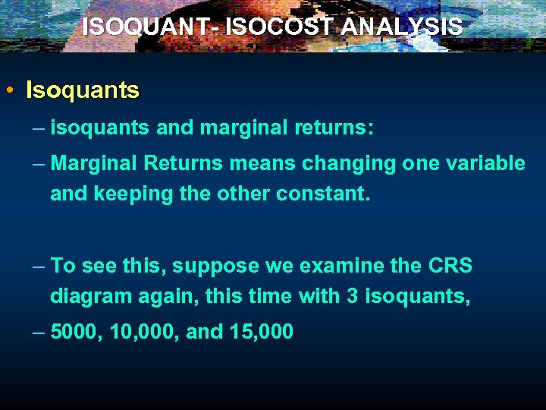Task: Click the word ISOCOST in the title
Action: coord(279,27)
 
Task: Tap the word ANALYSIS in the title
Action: coord(402,27)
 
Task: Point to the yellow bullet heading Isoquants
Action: coord(83,91)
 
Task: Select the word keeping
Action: coord(133,194)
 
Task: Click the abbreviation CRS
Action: coord(450,266)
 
